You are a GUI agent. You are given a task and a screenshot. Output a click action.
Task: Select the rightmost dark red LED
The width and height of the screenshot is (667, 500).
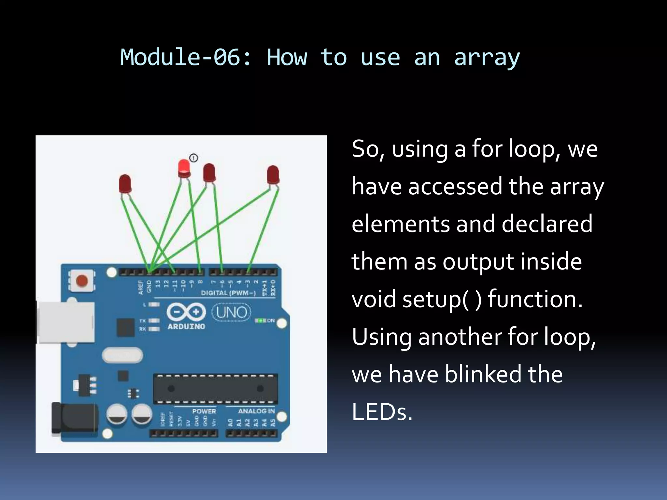point(273,174)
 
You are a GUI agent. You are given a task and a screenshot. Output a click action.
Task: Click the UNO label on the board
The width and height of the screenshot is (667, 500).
point(232,312)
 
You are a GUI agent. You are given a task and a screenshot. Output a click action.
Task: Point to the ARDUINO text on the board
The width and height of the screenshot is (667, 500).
point(186,326)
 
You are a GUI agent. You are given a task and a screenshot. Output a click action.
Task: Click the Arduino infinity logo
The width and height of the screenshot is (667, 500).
point(186,312)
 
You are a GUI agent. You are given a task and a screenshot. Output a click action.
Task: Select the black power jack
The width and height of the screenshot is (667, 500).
point(75,419)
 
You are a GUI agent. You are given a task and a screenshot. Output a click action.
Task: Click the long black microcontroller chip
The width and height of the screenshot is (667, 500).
point(216,389)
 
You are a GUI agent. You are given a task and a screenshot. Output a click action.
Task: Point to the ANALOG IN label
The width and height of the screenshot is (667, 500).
point(256,411)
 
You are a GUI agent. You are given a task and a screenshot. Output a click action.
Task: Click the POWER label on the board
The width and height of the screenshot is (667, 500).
point(204,411)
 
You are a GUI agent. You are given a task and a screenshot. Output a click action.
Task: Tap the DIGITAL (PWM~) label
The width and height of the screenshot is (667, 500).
point(228,293)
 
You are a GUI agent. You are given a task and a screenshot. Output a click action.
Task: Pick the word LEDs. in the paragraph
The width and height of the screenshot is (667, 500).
point(382,412)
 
